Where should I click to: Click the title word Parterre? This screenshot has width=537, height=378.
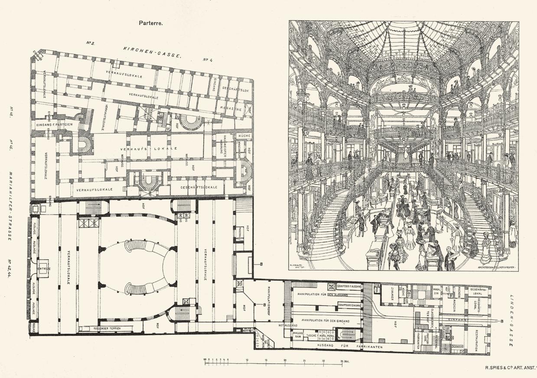coord(150,24)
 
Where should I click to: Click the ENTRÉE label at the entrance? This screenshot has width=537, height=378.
coord(44,269)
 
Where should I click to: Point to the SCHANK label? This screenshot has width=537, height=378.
coord(458,346)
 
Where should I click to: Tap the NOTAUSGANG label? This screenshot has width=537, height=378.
coord(288,325)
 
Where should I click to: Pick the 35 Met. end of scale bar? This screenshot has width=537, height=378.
coord(344,360)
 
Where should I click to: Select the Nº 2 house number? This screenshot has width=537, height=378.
coord(91,43)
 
